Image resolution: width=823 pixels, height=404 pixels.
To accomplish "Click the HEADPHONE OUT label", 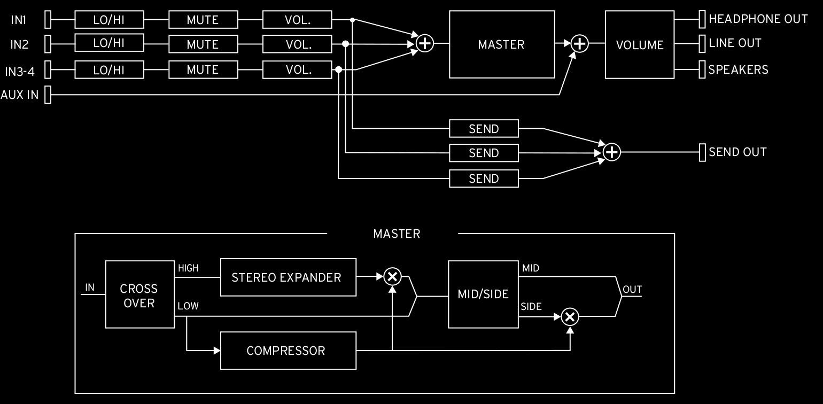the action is tap(758, 19).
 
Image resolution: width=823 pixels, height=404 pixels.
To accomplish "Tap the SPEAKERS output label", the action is tap(738, 70).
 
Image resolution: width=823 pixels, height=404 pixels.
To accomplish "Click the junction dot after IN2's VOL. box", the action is tap(345, 44).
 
